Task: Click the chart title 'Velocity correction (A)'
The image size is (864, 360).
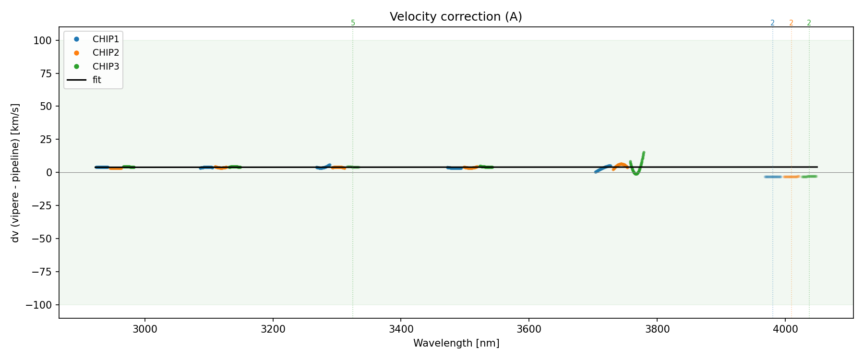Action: click(x=456, y=17)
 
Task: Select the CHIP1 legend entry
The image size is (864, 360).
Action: click(x=106, y=39)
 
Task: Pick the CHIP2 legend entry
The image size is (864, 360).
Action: click(x=106, y=53)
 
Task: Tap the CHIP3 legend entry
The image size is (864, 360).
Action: click(x=106, y=66)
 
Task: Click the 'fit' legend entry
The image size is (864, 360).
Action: click(x=97, y=80)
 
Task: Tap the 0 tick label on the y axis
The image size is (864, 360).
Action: click(x=49, y=172)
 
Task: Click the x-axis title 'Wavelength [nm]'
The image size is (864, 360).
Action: click(x=456, y=343)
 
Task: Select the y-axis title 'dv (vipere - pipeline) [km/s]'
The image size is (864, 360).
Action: click(x=15, y=173)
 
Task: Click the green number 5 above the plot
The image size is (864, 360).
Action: click(x=353, y=23)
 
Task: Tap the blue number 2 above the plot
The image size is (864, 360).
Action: click(x=772, y=23)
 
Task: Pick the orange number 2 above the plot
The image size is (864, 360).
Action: click(x=791, y=23)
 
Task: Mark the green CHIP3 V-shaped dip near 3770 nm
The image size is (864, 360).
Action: click(x=636, y=173)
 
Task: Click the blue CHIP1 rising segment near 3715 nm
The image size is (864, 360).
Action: click(x=602, y=168)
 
